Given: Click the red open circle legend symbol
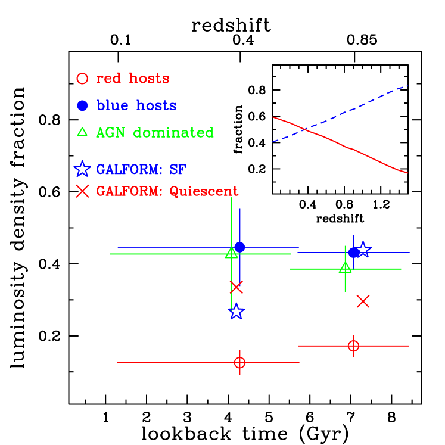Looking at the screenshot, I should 82,78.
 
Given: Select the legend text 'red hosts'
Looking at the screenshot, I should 132,79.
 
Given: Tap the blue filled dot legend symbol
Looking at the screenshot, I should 82,105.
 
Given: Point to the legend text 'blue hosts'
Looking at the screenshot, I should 136,105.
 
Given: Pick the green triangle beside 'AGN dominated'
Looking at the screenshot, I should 82,132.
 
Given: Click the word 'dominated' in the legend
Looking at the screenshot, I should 173,132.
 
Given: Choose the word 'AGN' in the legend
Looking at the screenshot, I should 111,132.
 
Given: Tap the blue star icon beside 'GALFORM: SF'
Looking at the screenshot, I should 82,169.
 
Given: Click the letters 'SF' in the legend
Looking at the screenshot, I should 178,170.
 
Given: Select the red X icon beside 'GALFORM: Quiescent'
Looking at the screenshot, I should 82,191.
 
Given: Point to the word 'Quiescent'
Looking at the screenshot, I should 204,192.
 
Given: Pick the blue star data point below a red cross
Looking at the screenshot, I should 236,311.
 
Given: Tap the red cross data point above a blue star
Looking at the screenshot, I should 236,288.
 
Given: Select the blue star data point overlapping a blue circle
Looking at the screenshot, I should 363,250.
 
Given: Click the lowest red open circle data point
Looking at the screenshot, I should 239,362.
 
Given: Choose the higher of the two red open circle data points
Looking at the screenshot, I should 353,346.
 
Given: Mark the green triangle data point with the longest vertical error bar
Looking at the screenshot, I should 231,253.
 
